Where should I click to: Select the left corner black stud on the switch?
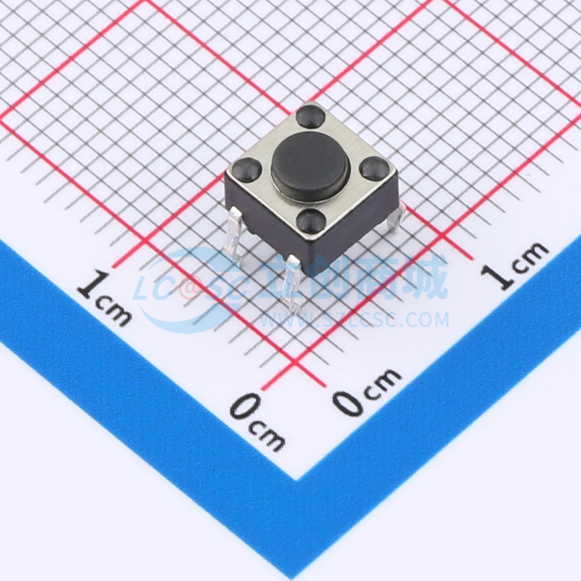coord(247,170)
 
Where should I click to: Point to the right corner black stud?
coord(374,167)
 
